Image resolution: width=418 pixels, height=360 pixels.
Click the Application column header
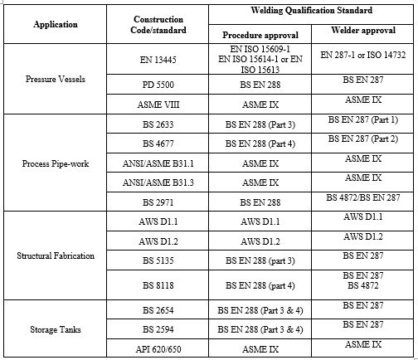56,24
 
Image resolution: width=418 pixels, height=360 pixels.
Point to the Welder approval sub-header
362,34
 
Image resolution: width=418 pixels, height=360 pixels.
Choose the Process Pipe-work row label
56,163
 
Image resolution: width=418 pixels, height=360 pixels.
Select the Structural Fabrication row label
56,257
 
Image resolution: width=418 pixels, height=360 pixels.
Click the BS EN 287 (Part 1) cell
362,121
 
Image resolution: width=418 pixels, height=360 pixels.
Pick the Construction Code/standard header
158,24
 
